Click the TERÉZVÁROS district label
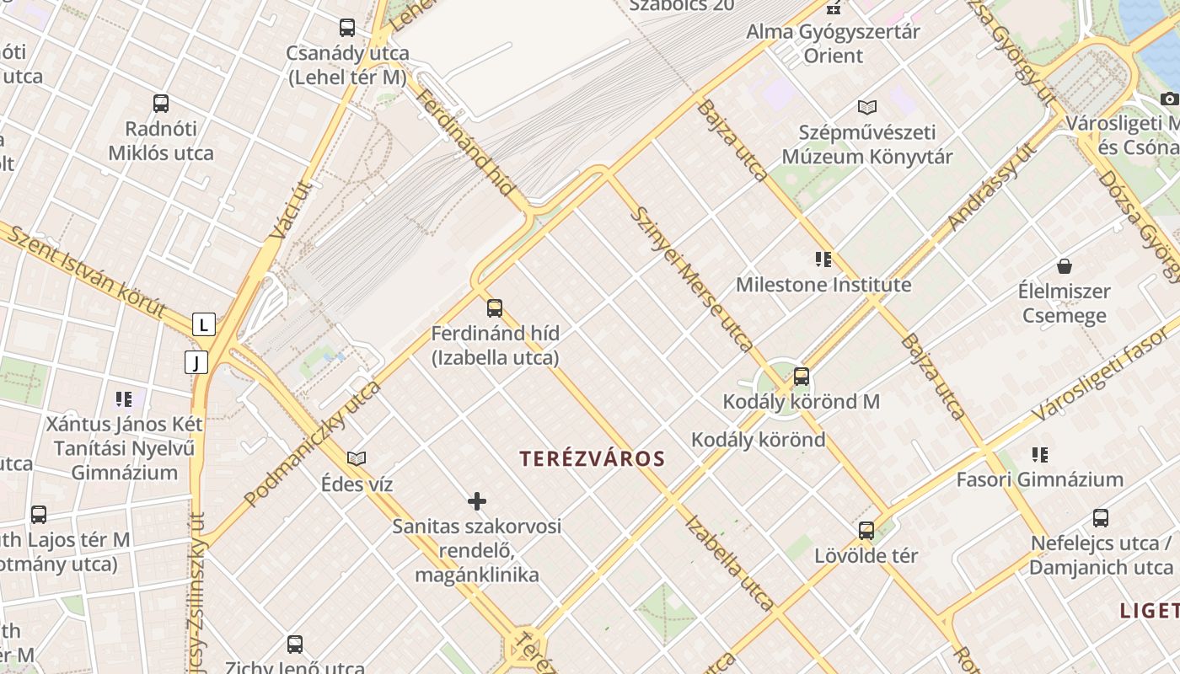pyautogui.click(x=592, y=459)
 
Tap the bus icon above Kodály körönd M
pyautogui.click(x=801, y=377)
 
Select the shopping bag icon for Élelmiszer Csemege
pyautogui.click(x=1065, y=266)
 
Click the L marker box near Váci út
pyautogui.click(x=203, y=324)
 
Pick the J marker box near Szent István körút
pyautogui.click(x=196, y=362)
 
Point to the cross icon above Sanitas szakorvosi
pyautogui.click(x=477, y=502)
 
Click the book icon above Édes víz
pyautogui.click(x=357, y=458)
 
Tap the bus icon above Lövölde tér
pyautogui.click(x=866, y=531)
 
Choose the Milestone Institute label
pyautogui.click(x=823, y=285)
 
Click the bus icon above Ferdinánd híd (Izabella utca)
pyautogui.click(x=495, y=308)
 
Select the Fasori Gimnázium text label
pyautogui.click(x=1039, y=479)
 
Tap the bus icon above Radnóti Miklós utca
pyautogui.click(x=161, y=104)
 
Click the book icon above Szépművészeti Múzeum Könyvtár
pyautogui.click(x=867, y=107)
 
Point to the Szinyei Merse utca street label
pyautogui.click(x=690, y=279)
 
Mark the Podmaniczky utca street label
pyautogui.click(x=313, y=444)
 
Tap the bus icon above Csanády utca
pyautogui.click(x=347, y=28)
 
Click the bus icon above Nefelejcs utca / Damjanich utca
pyautogui.click(x=1100, y=518)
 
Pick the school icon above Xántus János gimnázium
pyautogui.click(x=124, y=399)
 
